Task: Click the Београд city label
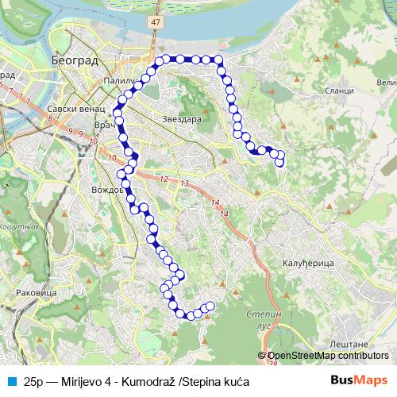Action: (x=74, y=60)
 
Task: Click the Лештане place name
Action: (x=347, y=344)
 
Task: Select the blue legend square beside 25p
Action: (x=10, y=381)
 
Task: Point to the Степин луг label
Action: (x=264, y=320)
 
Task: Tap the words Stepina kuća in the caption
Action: (x=217, y=381)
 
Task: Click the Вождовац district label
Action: (x=106, y=191)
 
